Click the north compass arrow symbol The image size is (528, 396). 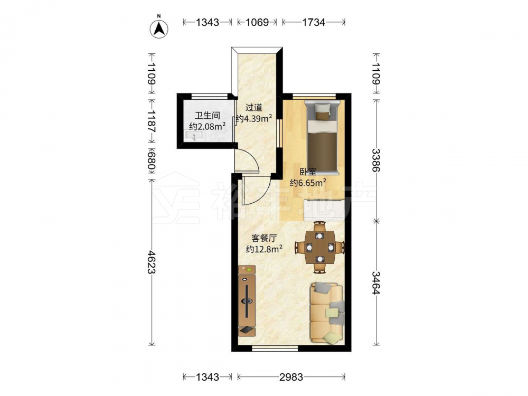(159, 29)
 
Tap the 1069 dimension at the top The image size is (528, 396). (257, 22)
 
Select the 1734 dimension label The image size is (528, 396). (314, 22)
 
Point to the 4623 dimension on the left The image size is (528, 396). (152, 262)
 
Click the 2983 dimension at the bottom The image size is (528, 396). (291, 377)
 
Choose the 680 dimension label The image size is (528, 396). (152, 161)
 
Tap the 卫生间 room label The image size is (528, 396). (208, 116)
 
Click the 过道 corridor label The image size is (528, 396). (253, 108)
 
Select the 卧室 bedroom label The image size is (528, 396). (308, 172)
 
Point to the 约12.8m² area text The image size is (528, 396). (264, 249)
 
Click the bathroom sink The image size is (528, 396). (194, 136)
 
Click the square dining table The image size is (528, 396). (319, 248)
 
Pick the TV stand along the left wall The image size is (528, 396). (247, 301)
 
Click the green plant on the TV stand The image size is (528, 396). (249, 269)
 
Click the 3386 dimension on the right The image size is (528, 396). (376, 161)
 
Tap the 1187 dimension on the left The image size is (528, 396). (152, 121)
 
